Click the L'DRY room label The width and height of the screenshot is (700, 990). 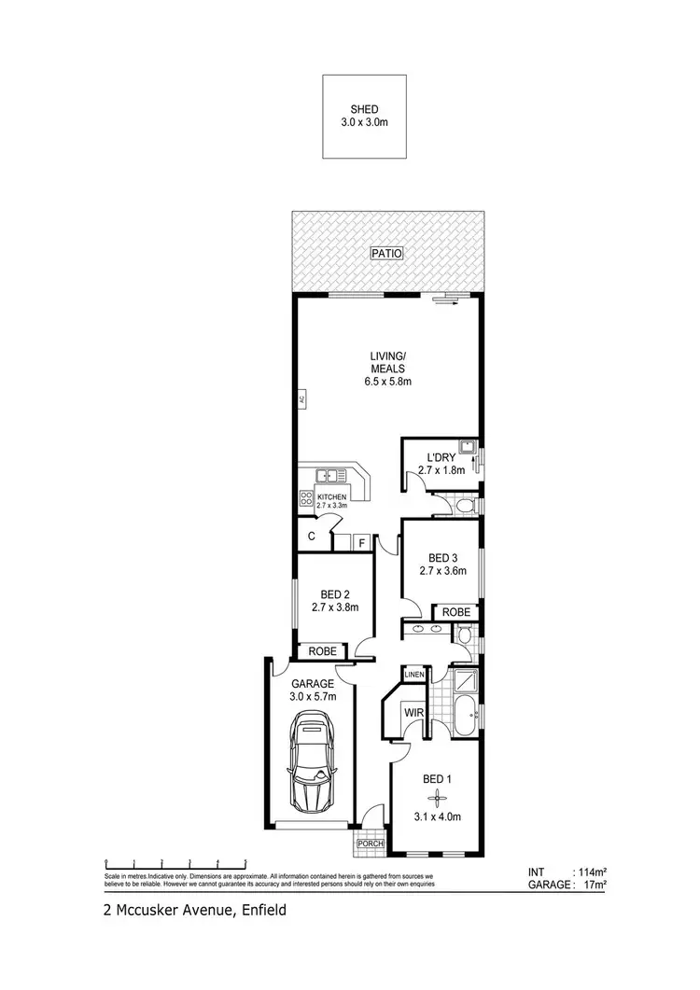tap(441, 457)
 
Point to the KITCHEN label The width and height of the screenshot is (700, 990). tap(331, 497)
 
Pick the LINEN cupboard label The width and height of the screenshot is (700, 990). tap(415, 675)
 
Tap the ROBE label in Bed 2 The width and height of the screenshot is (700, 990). tap(321, 650)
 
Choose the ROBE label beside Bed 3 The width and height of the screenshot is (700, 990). tap(455, 611)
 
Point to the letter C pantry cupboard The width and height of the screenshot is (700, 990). tap(311, 537)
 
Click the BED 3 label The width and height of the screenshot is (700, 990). tap(441, 558)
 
